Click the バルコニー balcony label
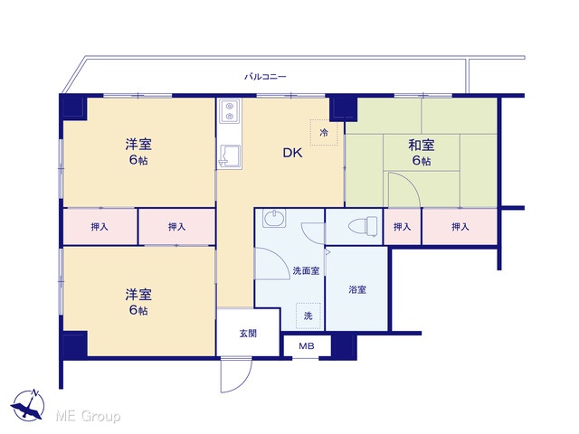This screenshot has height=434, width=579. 265,77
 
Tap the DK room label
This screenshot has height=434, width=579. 292,153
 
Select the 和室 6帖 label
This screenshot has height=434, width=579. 422,153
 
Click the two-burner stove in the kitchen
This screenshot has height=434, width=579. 230,110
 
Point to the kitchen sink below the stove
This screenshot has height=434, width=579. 230,156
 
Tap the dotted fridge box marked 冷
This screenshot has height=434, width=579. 324,132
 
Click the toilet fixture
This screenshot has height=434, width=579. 364,226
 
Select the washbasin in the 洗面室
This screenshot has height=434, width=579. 274,218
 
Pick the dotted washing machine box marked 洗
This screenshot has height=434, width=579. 308,316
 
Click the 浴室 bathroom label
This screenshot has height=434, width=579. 357,289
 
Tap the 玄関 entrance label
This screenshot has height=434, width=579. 248,334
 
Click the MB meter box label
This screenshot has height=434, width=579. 307,346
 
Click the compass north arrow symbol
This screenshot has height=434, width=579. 28,405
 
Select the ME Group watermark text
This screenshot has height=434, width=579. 88,416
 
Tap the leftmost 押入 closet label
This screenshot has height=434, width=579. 100,227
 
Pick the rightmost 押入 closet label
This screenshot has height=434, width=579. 460,227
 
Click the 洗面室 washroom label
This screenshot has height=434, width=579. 306,271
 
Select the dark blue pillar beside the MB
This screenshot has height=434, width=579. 344,346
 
